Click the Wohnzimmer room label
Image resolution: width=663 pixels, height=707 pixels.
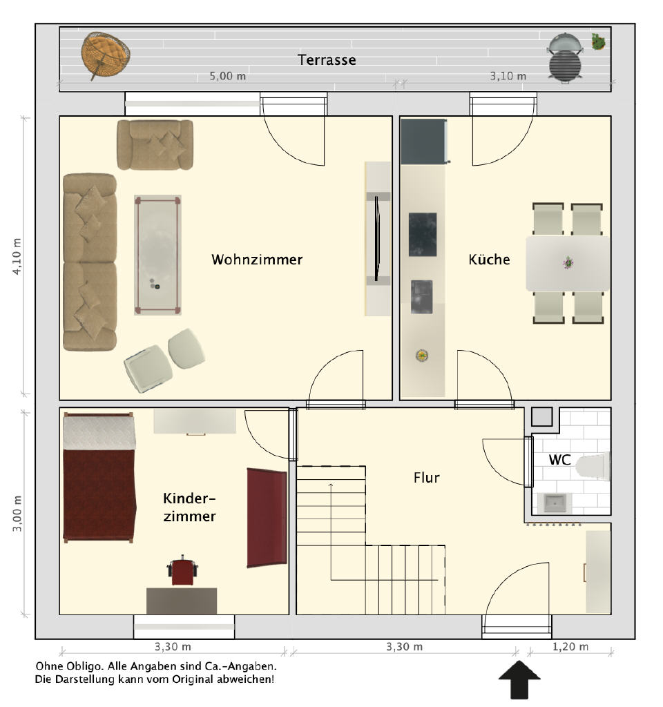pyautogui.click(x=257, y=260)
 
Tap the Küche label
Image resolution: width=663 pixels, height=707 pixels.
pyautogui.click(x=490, y=260)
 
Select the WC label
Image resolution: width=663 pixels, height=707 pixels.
pyautogui.click(x=559, y=460)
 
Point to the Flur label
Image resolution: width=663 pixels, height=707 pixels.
pyautogui.click(x=426, y=478)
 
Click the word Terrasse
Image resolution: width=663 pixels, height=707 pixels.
pyautogui.click(x=327, y=60)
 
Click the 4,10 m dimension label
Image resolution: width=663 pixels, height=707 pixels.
pyautogui.click(x=17, y=257)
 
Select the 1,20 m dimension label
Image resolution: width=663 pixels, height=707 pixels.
pyautogui.click(x=570, y=646)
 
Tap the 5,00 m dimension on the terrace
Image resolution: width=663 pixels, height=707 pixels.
pyautogui.click(x=227, y=76)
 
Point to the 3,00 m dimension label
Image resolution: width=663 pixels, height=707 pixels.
pyautogui.click(x=17, y=514)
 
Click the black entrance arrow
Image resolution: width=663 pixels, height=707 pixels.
pyautogui.click(x=519, y=679)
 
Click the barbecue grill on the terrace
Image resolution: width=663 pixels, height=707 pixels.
pyautogui.click(x=565, y=58)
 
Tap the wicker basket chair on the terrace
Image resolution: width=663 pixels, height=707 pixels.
pyautogui.click(x=106, y=55)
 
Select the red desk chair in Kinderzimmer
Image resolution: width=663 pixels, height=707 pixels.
pyautogui.click(x=182, y=571)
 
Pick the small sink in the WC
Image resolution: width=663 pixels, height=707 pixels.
pyautogui.click(x=555, y=503)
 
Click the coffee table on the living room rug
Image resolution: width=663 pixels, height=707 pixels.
pyautogui.click(x=157, y=255)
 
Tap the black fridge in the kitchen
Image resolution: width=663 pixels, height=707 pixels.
pyautogui.click(x=424, y=142)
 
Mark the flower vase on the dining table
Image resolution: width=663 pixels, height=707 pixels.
pyautogui.click(x=568, y=262)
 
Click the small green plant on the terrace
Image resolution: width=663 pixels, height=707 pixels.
pyautogui.click(x=599, y=41)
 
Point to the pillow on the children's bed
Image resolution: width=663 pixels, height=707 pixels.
pyautogui.click(x=99, y=433)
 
